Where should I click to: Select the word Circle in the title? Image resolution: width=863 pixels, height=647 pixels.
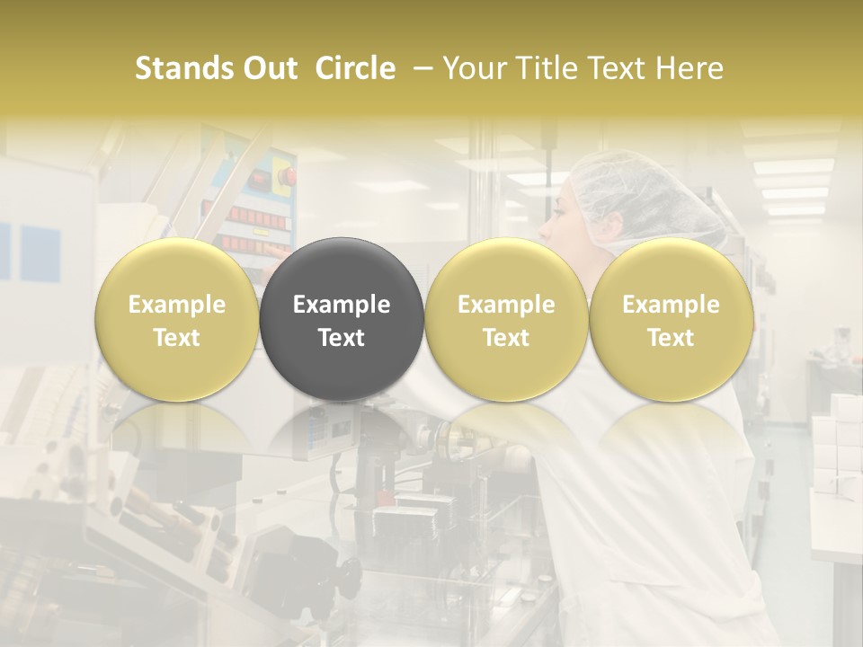(x=355, y=68)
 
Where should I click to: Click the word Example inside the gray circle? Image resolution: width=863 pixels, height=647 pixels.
(x=342, y=305)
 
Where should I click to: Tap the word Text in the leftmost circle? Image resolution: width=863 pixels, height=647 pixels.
(x=176, y=338)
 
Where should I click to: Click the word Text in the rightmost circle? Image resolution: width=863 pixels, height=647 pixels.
(x=671, y=338)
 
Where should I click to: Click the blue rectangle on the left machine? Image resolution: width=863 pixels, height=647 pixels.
(x=40, y=251)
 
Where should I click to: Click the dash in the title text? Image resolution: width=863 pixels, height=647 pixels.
(x=419, y=68)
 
